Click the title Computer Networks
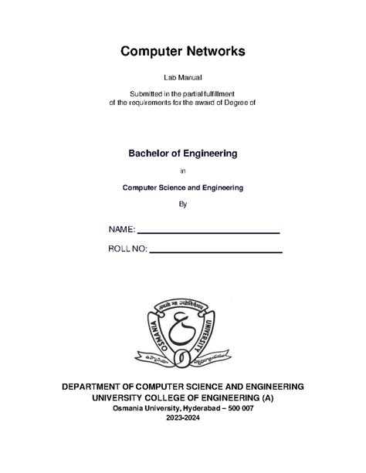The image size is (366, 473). (x=182, y=52)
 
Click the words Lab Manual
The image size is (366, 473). (x=182, y=79)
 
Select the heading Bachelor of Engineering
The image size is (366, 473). (x=182, y=154)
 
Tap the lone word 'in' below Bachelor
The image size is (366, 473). (x=182, y=171)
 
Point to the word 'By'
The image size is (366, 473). (x=182, y=204)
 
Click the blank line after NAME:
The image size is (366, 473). (x=208, y=231)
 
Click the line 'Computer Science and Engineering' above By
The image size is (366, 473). (x=182, y=188)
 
